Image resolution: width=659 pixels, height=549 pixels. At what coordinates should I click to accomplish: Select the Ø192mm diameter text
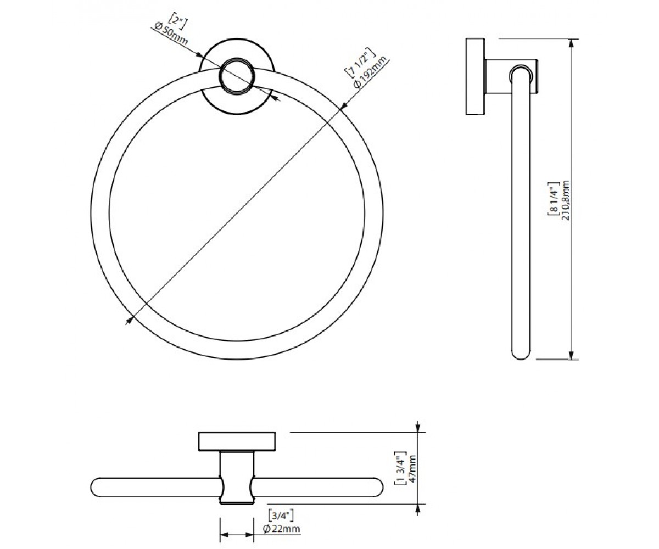point(370,72)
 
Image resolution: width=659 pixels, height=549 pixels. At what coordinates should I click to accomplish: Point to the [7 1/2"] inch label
point(360,63)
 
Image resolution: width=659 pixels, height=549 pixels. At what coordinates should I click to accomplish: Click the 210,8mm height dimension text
point(566,200)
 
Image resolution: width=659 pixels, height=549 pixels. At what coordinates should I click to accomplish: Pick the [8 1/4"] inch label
point(553,199)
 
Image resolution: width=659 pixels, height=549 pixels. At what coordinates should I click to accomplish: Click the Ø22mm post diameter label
point(281,528)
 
